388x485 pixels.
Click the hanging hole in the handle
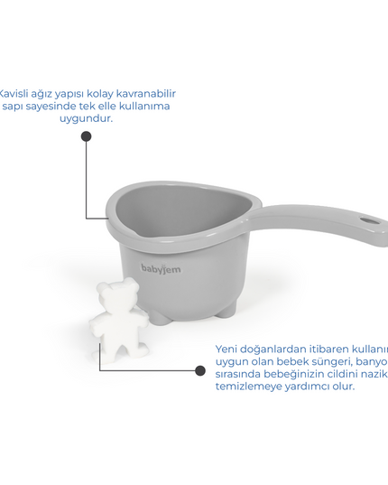coord(368,219)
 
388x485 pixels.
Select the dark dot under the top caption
coord(86,137)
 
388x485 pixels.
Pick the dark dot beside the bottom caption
coord(199,370)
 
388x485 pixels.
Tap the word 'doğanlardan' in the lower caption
coord(274,349)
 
